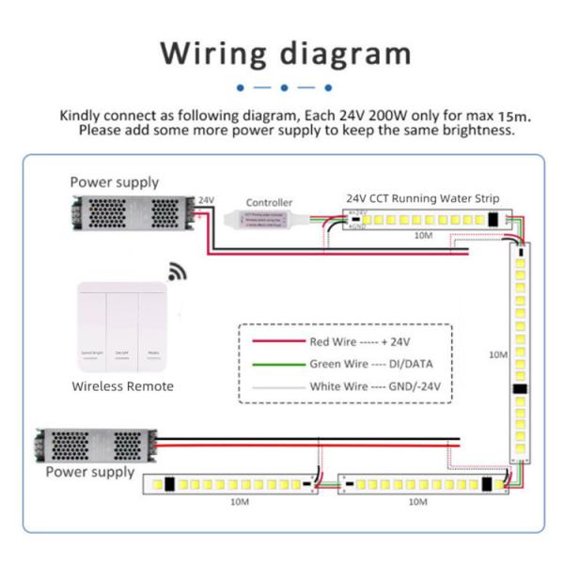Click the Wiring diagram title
coord(285,53)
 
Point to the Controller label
coord(269,202)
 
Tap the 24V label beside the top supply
coord(207,200)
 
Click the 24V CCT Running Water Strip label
coord(422,198)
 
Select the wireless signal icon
coord(177,273)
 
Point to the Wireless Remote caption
coord(122,385)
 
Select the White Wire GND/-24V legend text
coord(374,385)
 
